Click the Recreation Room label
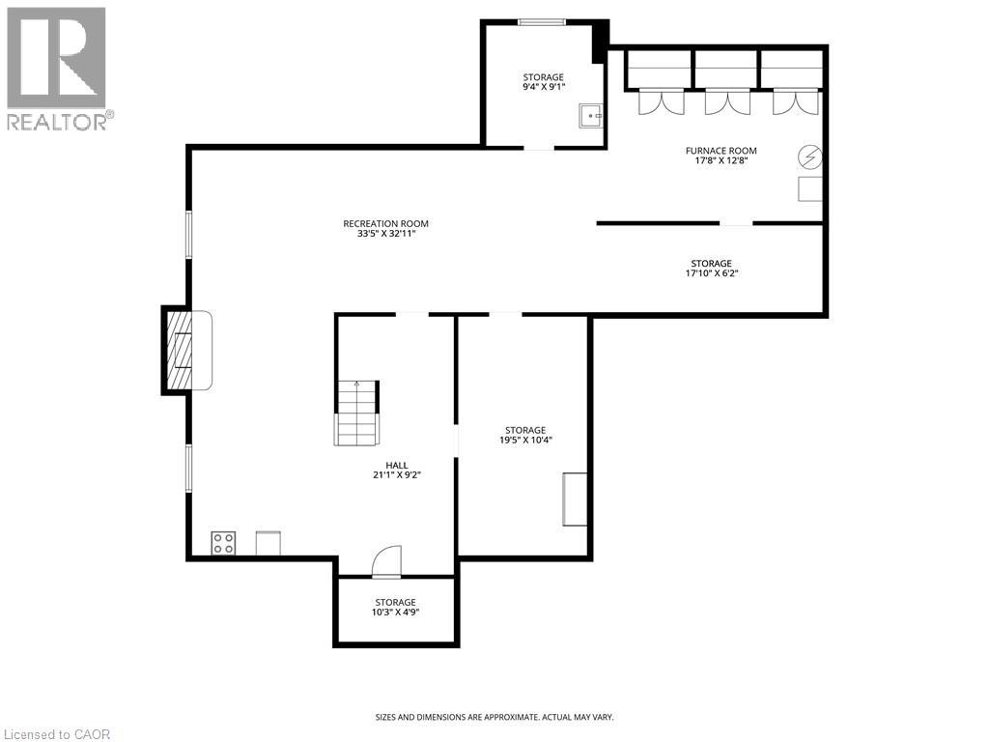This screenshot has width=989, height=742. click(385, 224)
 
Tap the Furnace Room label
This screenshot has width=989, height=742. click(721, 151)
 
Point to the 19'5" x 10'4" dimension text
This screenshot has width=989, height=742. click(525, 440)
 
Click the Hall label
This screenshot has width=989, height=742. click(396, 465)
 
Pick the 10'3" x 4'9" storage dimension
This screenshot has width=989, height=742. click(395, 612)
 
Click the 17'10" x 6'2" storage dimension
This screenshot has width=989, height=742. click(711, 272)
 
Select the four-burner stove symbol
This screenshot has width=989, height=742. click(223, 544)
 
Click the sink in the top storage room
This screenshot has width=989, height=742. click(590, 116)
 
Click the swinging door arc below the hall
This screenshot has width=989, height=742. click(386, 562)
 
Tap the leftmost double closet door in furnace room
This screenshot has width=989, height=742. click(661, 101)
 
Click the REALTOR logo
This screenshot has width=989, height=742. click(58, 69)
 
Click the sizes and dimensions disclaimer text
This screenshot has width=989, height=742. click(494, 717)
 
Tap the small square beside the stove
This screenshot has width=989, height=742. click(268, 543)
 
